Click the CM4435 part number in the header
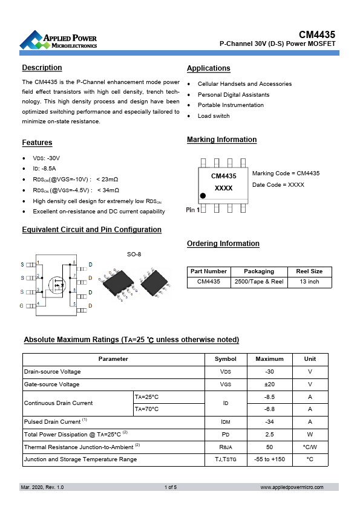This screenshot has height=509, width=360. tap(317, 36)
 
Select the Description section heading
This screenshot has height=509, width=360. tap(42, 68)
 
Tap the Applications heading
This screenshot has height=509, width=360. tap(208, 68)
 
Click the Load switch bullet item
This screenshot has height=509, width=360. tap(214, 116)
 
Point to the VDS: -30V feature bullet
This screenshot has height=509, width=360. tap(46, 158)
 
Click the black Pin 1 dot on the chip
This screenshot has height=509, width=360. tap(203, 196)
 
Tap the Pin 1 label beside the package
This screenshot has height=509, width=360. tap(192, 209)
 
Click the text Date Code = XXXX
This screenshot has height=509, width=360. tap(278, 184)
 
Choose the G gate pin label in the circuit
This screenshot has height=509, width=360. tap(22, 306)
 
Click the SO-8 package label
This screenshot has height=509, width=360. tap(134, 254)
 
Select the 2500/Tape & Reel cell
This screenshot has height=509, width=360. tap(258, 282)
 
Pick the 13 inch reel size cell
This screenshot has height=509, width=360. tap(309, 282)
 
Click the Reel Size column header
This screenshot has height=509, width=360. tap(309, 271)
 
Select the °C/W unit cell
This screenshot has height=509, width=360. tap(309, 447)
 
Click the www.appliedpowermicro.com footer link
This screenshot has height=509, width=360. tap(292, 487)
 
